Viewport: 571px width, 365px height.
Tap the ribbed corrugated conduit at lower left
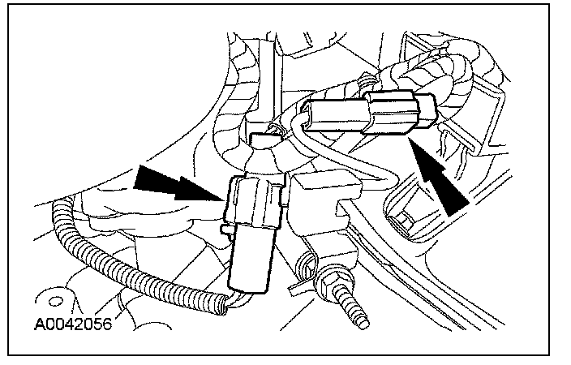[122, 264]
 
